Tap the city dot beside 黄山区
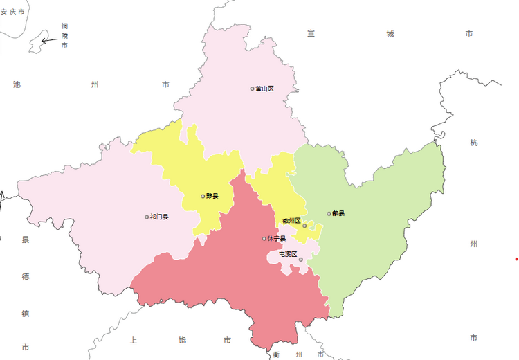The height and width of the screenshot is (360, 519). pyautogui.click(x=253, y=89)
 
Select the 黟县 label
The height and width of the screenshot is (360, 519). pyautogui.click(x=212, y=196)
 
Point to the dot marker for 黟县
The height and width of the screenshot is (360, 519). pyautogui.click(x=203, y=196)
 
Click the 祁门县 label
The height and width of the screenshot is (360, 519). pyautogui.click(x=160, y=217)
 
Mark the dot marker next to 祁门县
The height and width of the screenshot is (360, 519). pyautogui.click(x=147, y=217)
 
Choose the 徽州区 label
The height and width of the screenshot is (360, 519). pyautogui.click(x=291, y=221)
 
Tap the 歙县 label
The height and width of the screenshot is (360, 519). pyautogui.click(x=338, y=213)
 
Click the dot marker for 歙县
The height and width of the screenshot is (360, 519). pyautogui.click(x=329, y=213)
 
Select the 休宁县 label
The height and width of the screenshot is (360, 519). pyautogui.click(x=277, y=239)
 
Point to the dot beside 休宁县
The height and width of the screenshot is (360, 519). pyautogui.click(x=264, y=239)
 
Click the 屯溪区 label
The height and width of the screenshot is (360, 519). pyautogui.click(x=287, y=254)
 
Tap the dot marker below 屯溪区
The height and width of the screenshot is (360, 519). pyautogui.click(x=301, y=260)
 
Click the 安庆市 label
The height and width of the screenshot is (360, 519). pyautogui.click(x=12, y=12)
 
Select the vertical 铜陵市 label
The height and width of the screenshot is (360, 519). pyautogui.click(x=64, y=35)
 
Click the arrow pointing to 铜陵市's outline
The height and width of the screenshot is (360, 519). pyautogui.click(x=48, y=40)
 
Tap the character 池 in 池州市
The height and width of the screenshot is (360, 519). pyautogui.click(x=17, y=84)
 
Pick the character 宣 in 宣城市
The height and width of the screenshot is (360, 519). pyautogui.click(x=311, y=33)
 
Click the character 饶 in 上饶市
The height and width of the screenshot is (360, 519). pyautogui.click(x=182, y=340)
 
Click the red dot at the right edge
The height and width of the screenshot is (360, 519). pyautogui.click(x=516, y=259)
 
